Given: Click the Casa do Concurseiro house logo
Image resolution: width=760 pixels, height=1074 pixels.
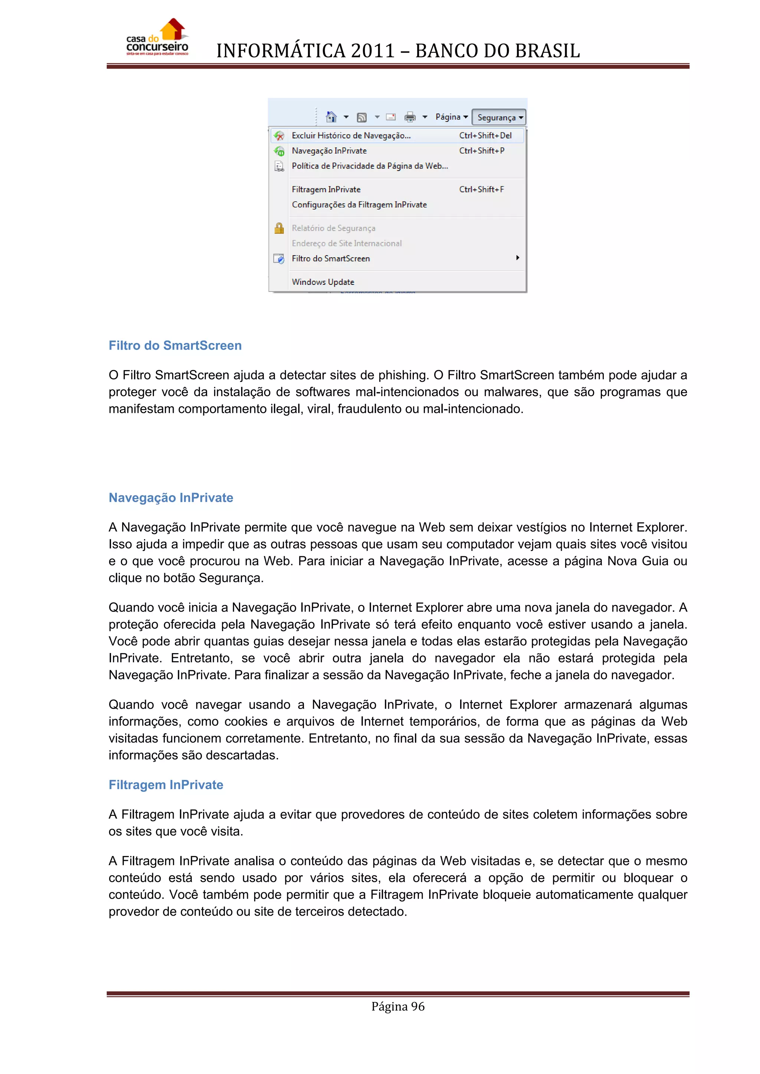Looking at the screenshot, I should [158, 38].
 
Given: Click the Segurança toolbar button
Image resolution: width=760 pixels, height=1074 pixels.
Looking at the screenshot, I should [499, 118].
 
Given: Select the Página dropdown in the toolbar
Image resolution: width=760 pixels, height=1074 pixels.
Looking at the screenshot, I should [451, 117].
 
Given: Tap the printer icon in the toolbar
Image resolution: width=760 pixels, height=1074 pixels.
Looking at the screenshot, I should [410, 117].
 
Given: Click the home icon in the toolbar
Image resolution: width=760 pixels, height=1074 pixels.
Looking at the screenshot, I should [331, 116].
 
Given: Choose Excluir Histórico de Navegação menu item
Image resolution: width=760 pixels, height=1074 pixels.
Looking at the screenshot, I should [351, 136].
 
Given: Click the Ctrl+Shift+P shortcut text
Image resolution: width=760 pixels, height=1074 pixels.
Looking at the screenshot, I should [482, 151].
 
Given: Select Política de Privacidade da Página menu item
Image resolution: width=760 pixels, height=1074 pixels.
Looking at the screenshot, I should [370, 166].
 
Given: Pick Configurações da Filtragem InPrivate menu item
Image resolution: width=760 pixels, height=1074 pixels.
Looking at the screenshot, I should [359, 205].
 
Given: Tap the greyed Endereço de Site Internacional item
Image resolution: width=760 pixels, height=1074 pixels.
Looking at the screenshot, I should [346, 243].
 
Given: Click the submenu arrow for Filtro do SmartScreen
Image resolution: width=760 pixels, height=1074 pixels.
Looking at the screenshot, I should [518, 258].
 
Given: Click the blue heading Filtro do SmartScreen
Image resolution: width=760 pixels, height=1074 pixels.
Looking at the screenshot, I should [175, 346].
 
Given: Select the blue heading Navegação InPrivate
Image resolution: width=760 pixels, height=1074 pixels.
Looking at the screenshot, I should [171, 498].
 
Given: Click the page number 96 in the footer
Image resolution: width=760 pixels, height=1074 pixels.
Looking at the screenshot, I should [417, 1006].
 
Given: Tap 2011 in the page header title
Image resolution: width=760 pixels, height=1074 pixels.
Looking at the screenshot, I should [373, 51].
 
